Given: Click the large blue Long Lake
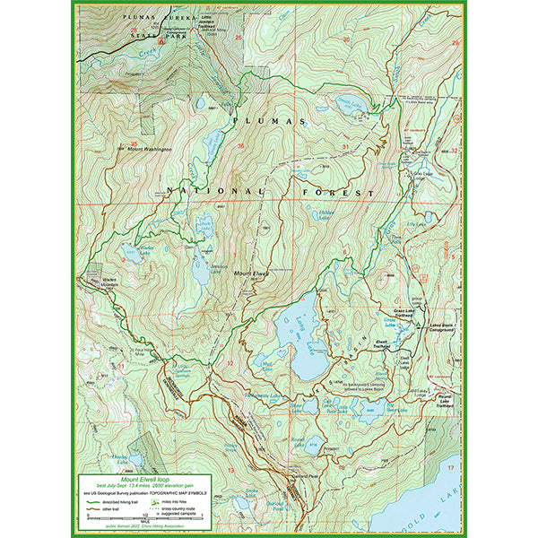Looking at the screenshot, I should (300, 336).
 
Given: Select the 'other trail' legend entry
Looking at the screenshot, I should (108, 508).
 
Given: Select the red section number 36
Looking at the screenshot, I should (240, 146).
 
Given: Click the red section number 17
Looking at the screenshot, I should (451, 468).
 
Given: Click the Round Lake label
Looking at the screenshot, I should (299, 439).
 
